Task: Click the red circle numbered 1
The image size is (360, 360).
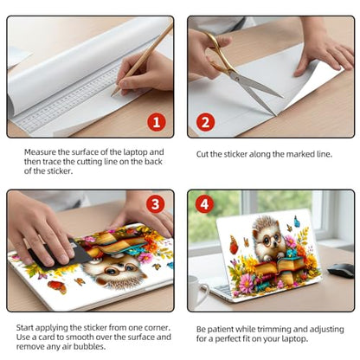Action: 157,122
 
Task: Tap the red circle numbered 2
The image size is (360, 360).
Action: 205,122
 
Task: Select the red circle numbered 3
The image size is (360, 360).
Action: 155,204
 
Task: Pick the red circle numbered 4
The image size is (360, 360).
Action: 204,204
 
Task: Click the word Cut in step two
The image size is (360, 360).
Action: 202,154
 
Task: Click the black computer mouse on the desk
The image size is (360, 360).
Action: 340,270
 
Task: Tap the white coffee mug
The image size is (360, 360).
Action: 197,291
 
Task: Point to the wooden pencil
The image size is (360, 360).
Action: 143,58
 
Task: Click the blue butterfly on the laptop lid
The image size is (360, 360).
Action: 297,222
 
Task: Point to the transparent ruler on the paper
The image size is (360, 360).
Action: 67,98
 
